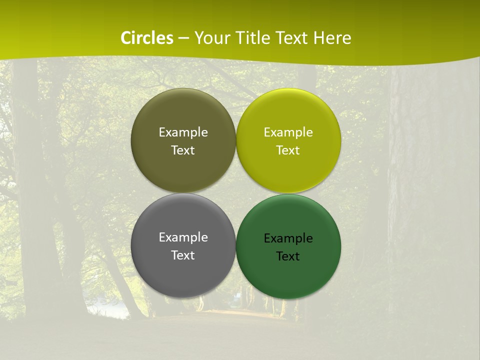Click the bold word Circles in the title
147,38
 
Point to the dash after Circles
183,38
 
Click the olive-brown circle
183,115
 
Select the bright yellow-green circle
288,115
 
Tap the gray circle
183,270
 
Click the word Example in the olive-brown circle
183,132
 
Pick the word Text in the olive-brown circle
183,150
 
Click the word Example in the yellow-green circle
288,132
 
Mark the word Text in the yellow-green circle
288,150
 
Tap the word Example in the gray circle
183,237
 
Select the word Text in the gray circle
183,255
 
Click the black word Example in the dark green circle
288,238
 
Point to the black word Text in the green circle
288,256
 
